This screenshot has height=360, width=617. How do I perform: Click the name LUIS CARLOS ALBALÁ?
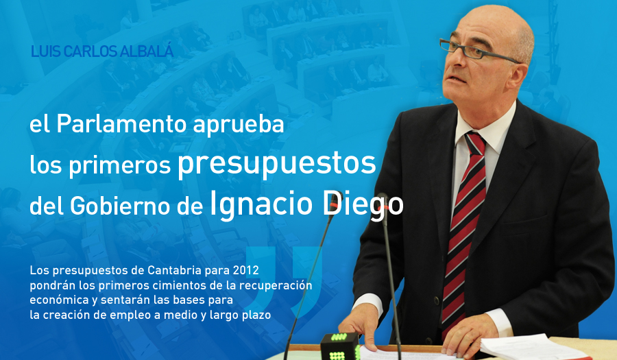[x=102, y=51]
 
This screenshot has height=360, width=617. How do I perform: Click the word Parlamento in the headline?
[x=121, y=123]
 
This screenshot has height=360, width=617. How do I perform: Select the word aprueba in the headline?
[x=239, y=125]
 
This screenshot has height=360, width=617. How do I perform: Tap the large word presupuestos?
[x=277, y=164]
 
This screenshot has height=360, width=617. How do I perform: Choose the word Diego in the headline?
[x=363, y=204]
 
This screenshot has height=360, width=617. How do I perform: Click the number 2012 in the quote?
[x=246, y=270]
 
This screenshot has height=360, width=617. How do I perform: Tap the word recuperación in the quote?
[x=280, y=286]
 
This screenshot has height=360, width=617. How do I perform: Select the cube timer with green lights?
[x=340, y=346]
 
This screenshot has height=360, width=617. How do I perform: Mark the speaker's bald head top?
[x=496, y=18]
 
